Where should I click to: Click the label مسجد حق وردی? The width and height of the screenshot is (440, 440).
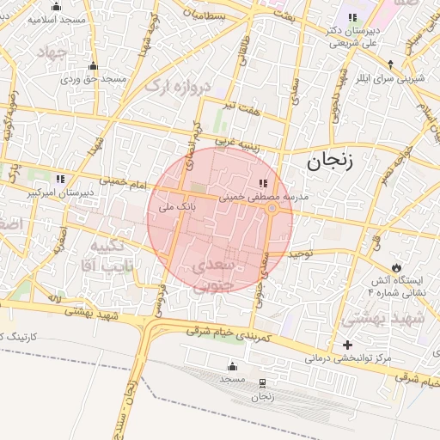pos(93,79)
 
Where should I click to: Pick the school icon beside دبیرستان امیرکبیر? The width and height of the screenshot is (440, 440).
pos(59,179)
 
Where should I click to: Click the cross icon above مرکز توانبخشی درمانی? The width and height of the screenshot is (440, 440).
pos(347,345)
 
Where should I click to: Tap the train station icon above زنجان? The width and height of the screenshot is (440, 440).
pos(261,383)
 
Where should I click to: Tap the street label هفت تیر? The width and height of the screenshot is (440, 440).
pos(241,106)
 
